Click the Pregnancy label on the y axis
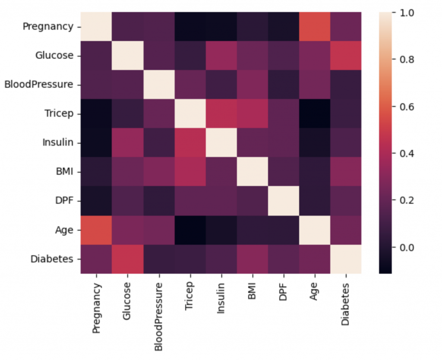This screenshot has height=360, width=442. click(x=48, y=27)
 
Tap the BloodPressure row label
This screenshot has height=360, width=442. click(x=38, y=85)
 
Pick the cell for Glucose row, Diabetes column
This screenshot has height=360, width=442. click(x=346, y=56)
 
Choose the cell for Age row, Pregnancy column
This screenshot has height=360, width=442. click(x=96, y=230)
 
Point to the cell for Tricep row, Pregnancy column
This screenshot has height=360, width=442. click(x=96, y=114)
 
